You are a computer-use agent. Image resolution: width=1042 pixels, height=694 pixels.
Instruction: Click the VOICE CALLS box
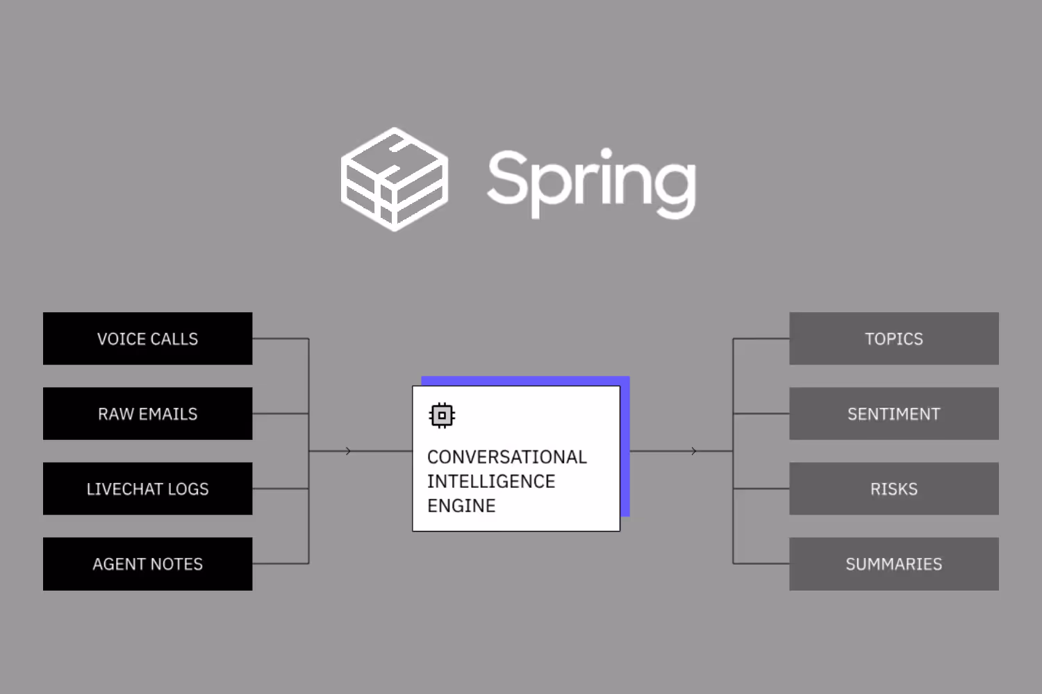pos(147,339)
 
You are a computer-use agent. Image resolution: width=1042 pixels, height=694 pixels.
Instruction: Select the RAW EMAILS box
pos(147,414)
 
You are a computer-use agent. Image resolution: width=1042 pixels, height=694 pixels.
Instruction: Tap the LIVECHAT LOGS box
pos(147,489)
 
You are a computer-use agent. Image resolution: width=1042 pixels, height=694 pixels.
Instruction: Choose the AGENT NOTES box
pos(147,564)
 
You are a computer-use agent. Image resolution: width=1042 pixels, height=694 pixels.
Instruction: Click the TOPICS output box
pos(893,339)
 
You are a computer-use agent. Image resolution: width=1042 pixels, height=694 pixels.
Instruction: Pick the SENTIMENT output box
pos(893,414)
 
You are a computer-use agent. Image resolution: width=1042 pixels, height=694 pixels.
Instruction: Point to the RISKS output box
pos(893,489)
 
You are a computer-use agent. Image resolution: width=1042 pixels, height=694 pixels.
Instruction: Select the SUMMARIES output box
pos(893,564)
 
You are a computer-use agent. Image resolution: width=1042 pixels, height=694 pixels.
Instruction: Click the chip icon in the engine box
pos(442,416)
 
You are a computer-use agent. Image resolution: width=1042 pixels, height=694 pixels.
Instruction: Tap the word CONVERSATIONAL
pos(506,457)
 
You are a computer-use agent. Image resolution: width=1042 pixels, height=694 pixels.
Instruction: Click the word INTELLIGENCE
pos(490,481)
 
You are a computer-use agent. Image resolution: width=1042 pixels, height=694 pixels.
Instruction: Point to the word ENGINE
pos(461,506)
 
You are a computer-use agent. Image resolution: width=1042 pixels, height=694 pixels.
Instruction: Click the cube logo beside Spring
pos(394,179)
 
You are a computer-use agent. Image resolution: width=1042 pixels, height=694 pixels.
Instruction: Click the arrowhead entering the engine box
pos(348,451)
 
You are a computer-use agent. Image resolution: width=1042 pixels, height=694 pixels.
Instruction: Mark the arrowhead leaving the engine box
pos(694,451)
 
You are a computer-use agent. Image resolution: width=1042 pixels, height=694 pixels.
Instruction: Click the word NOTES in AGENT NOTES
pos(178,564)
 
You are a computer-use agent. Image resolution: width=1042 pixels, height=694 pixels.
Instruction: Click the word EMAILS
pos(168,414)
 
